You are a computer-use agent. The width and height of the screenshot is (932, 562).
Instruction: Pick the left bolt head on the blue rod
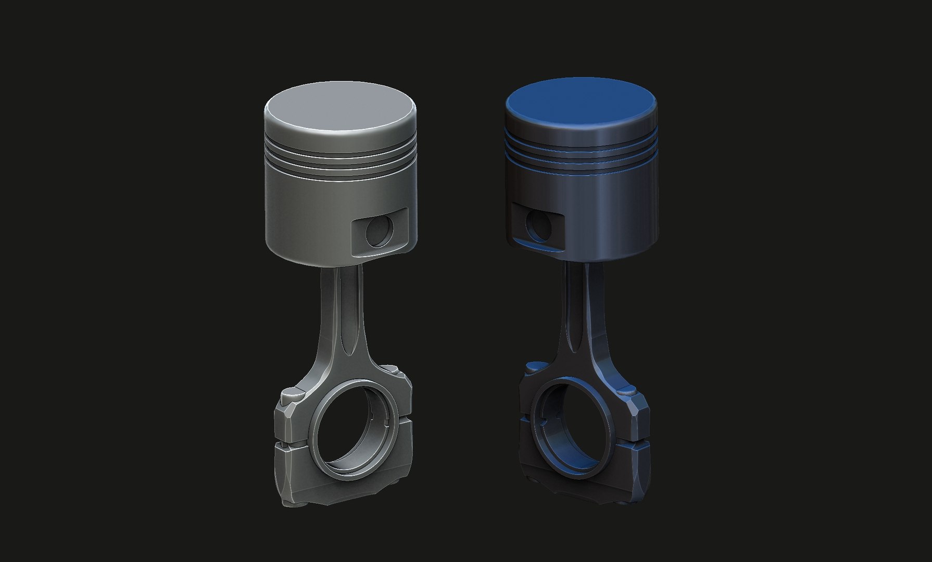532,367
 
